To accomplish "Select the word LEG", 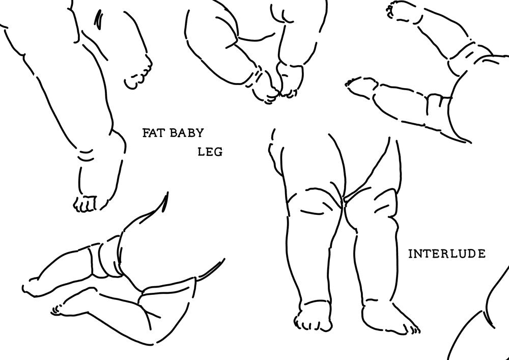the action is [x=210, y=152].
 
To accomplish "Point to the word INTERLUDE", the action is [x=447, y=254].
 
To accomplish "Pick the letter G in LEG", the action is [x=218, y=152].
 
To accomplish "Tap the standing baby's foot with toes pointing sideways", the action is [x=389, y=319].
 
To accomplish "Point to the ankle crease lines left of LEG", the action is [x=86, y=155].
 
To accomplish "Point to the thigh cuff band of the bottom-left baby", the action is [x=104, y=260].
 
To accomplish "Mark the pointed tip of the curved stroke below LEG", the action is [x=167, y=192].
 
